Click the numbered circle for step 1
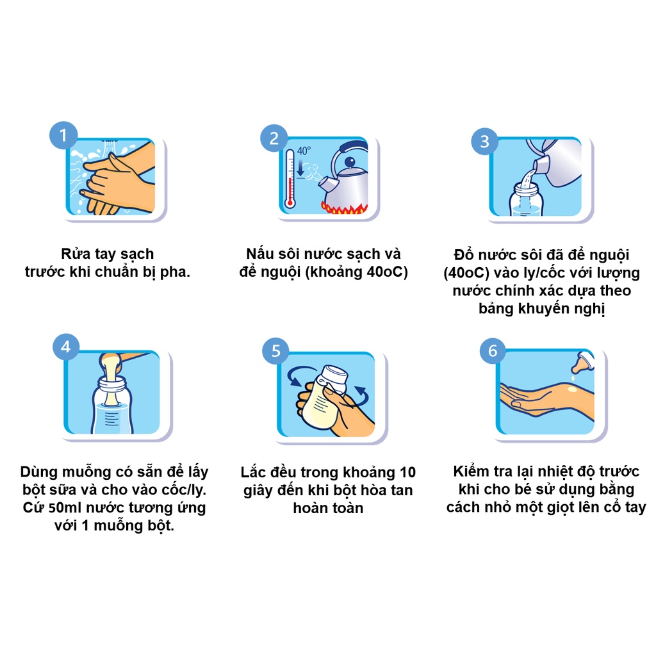63,135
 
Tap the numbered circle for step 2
274,138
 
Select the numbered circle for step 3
485,142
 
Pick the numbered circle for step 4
66,347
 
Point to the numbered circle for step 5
275,350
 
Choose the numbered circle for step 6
493,350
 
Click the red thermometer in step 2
290,179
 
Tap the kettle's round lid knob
350,161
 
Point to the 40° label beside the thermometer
304,151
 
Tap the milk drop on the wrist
572,390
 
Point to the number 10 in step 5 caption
407,472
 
